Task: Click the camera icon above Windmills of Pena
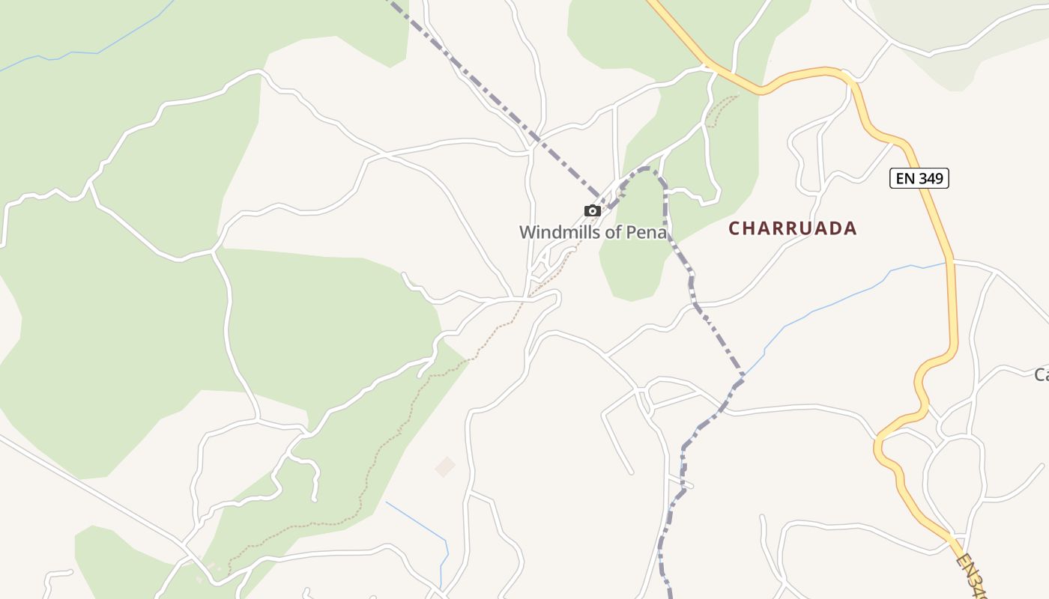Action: click(592, 210)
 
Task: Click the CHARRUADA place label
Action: click(793, 228)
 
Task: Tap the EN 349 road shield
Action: click(919, 178)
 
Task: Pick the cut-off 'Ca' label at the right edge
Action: click(1041, 374)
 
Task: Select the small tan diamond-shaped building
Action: click(445, 466)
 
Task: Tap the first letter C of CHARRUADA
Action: click(735, 229)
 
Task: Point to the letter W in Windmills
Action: click(527, 232)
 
